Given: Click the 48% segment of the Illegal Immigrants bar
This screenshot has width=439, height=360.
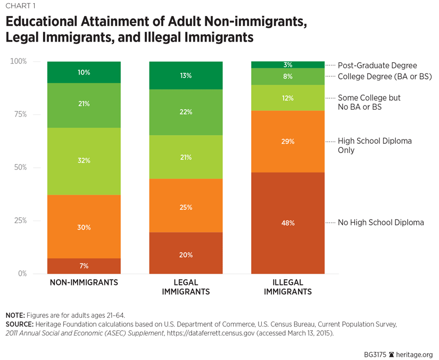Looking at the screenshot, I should click(287, 223).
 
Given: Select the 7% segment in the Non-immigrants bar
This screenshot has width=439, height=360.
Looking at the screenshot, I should click(84, 266).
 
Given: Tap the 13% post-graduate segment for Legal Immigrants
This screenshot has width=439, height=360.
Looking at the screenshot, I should click(185, 76).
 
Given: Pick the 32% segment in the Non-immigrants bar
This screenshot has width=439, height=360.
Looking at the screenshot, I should click(84, 161).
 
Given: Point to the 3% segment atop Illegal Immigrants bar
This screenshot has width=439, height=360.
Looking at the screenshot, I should click(287, 65).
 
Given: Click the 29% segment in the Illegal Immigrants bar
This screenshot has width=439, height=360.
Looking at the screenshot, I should click(287, 142).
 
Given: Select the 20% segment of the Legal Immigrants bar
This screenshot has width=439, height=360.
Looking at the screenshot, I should click(185, 254).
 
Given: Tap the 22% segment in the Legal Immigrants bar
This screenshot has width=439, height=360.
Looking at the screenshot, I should click(185, 112).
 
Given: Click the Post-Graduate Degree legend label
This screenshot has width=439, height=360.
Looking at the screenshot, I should click(377, 66).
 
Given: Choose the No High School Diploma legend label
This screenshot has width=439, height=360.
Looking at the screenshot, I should click(381, 223).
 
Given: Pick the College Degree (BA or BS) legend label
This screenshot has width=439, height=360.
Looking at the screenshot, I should click(384, 77).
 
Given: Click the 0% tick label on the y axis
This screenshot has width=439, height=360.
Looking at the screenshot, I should click(22, 274).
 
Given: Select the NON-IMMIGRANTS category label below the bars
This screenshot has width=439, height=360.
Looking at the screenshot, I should click(84, 283).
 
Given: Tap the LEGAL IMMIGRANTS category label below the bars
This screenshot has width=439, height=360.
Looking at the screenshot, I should click(185, 287).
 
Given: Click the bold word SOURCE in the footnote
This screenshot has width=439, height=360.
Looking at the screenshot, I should click(20, 324).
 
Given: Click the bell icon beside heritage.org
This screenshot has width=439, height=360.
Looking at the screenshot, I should click(392, 354).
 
